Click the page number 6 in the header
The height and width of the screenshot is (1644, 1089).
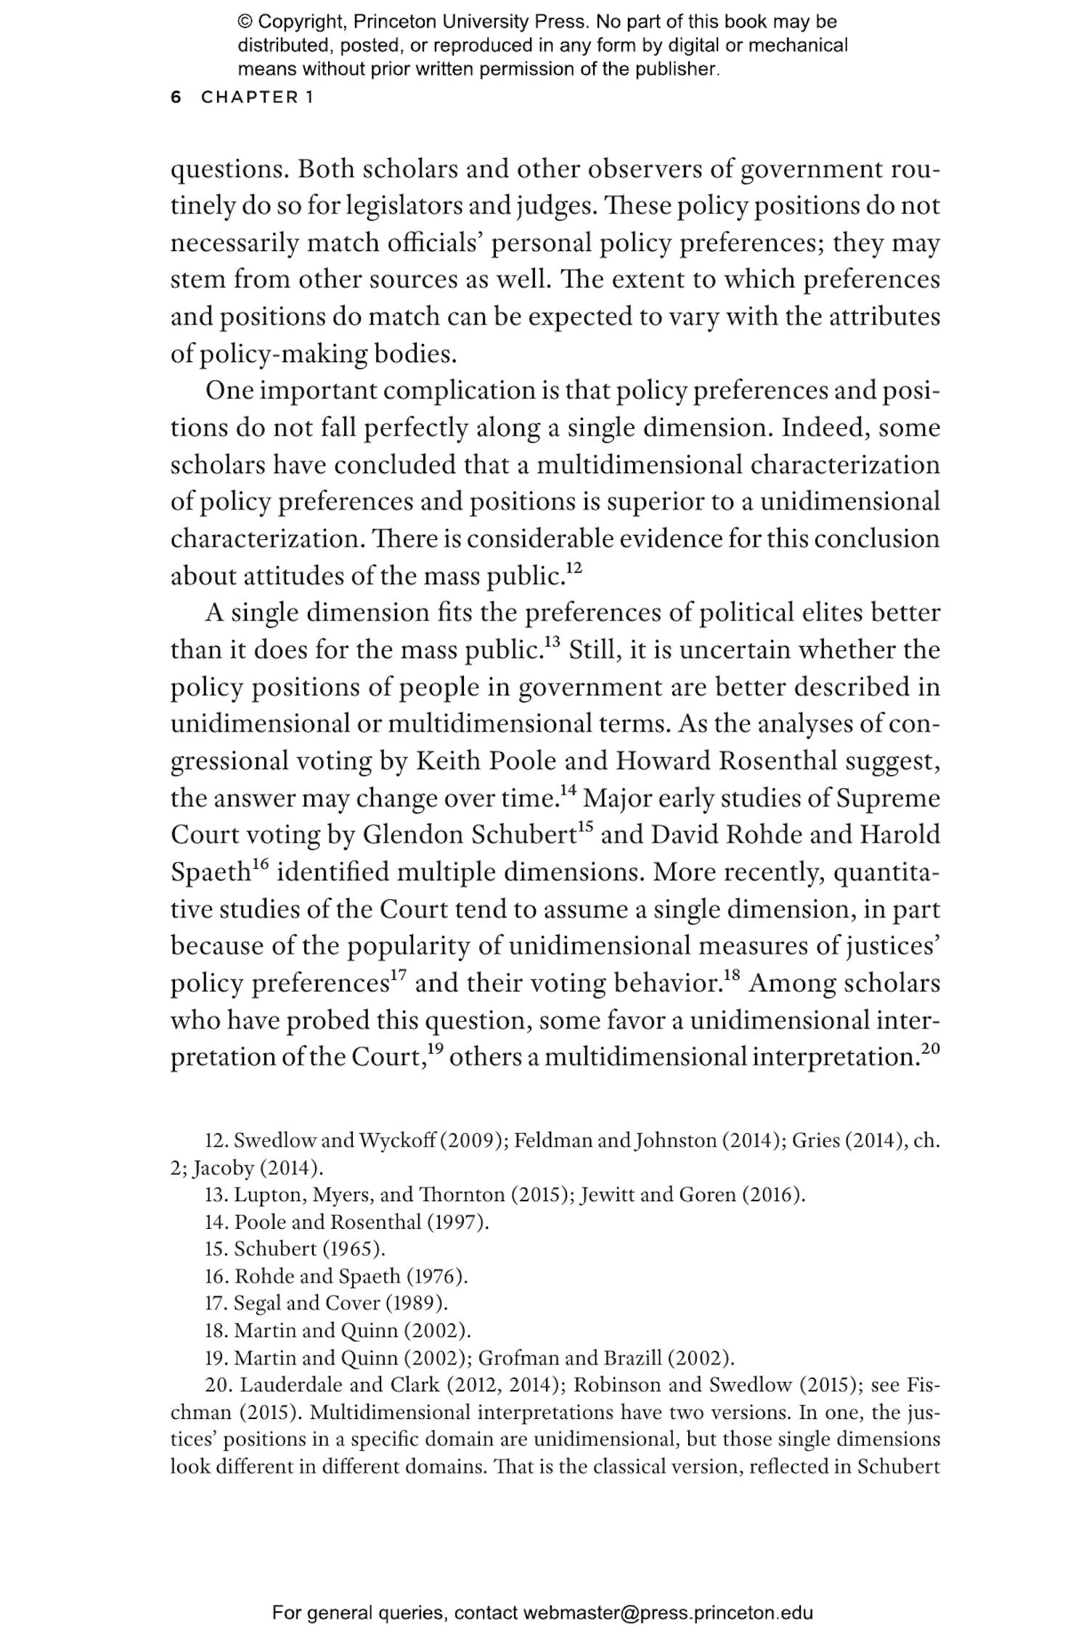(x=176, y=97)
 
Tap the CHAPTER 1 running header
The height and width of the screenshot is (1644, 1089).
(x=257, y=97)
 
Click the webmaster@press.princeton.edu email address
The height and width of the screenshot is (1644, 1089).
(x=668, y=1613)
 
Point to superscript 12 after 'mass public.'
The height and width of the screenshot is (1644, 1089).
(x=574, y=568)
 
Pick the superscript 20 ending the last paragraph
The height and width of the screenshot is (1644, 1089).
(x=930, y=1049)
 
